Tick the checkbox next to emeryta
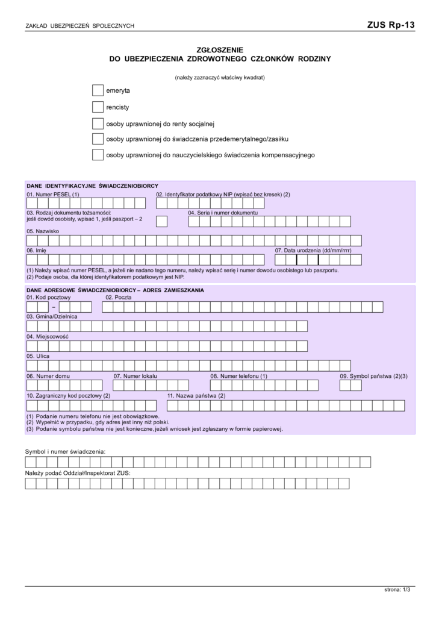(98, 90)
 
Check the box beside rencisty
(98, 107)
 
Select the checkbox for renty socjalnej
(98, 124)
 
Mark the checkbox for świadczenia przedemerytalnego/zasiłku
(98, 139)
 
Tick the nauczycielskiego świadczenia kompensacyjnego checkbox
(98, 155)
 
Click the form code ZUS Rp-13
(390, 25)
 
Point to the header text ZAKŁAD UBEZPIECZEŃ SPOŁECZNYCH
(79, 26)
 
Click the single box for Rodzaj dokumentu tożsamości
(162, 222)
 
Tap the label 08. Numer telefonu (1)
(238, 376)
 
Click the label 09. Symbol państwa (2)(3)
(374, 376)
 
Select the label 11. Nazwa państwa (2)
(196, 396)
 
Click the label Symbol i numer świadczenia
(65, 451)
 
